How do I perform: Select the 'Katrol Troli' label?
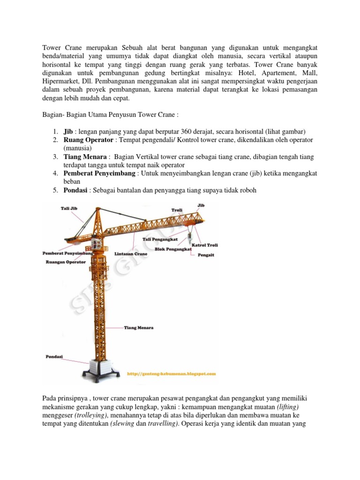pyautogui.click(x=204, y=245)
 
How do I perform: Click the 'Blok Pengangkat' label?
pyautogui.click(x=173, y=250)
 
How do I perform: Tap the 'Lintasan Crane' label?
pyautogui.click(x=131, y=254)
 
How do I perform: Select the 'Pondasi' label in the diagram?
pyautogui.click(x=54, y=356)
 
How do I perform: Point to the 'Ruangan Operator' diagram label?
pyautogui.click(x=66, y=262)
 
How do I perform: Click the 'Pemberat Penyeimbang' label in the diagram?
pyautogui.click(x=68, y=253)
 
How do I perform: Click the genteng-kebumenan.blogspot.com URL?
pyautogui.click(x=172, y=374)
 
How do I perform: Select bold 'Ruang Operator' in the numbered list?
pyautogui.click(x=89, y=140)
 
